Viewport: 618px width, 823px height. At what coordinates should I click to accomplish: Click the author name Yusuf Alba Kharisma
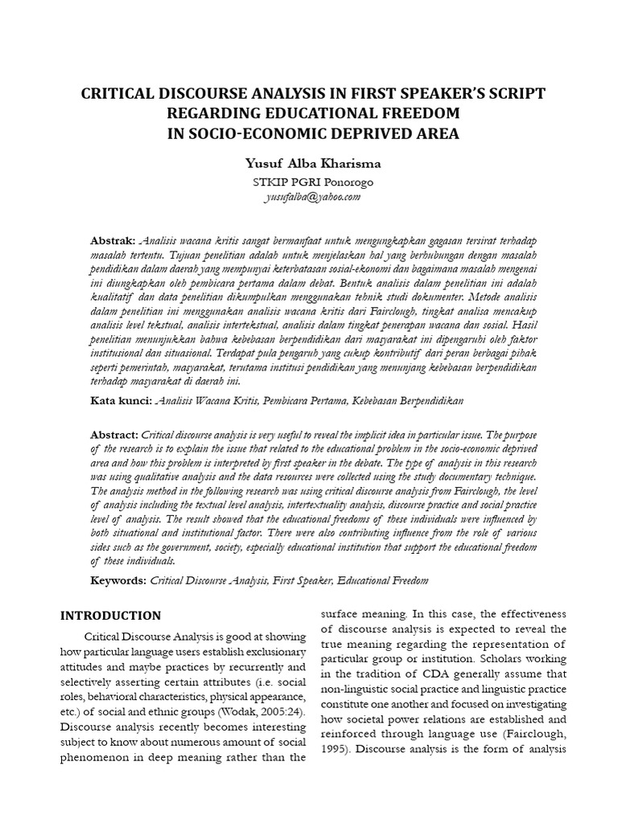(313, 163)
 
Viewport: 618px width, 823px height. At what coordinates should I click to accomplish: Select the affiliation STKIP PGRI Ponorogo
(313, 182)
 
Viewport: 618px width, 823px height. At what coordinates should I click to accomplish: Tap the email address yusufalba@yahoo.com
(313, 196)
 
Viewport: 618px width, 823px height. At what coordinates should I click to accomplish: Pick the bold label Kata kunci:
(120, 399)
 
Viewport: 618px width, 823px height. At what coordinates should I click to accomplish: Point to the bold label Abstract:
(115, 433)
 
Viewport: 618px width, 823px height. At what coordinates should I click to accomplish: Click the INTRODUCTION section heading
(111, 616)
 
